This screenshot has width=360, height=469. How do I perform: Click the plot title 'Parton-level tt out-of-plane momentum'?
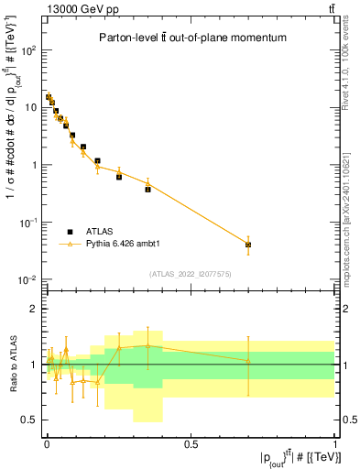point(192,38)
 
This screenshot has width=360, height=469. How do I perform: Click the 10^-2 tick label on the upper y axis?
point(28,279)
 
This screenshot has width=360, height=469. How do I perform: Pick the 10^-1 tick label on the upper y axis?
point(28,223)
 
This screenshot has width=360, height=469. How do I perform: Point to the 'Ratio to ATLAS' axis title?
point(12,364)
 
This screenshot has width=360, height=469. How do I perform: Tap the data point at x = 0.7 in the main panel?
point(248,245)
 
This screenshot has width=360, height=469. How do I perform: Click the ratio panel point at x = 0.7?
point(248,360)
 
